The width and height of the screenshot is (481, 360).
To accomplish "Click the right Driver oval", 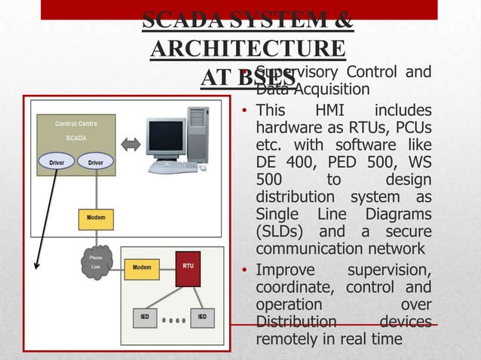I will pyautogui.click(x=95, y=161).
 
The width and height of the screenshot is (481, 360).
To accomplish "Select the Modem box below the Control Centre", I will pyautogui.click(x=95, y=218).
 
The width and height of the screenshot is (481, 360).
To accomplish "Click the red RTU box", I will pyautogui.click(x=188, y=269).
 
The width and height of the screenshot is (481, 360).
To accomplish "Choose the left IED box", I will pyautogui.click(x=145, y=317).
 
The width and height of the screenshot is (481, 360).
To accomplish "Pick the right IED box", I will pyautogui.click(x=201, y=317).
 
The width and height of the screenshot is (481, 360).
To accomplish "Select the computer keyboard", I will pyautogui.click(x=173, y=167).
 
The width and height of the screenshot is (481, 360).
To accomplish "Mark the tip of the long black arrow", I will pyautogui.click(x=37, y=265).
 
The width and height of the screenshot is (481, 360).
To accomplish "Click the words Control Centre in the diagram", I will pyautogui.click(x=75, y=123).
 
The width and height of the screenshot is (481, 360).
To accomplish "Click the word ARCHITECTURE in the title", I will pyautogui.click(x=248, y=49).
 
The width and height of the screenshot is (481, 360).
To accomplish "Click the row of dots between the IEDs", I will pyautogui.click(x=173, y=318).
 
